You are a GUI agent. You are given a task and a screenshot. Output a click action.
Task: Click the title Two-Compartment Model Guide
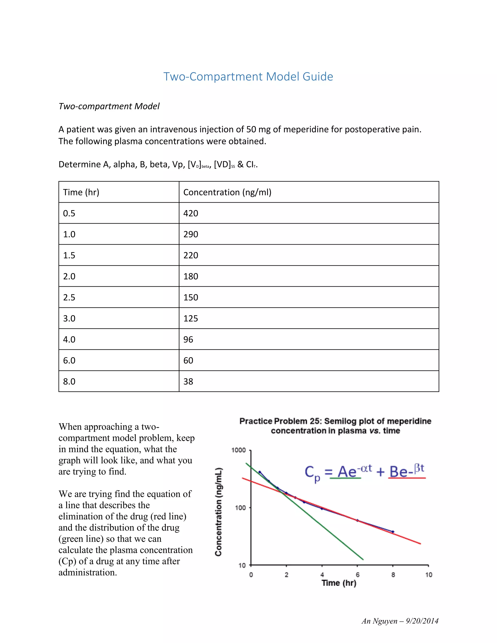click(x=248, y=76)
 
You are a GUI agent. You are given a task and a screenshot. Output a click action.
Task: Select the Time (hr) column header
click(x=81, y=192)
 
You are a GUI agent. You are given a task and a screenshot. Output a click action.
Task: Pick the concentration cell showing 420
click(x=191, y=213)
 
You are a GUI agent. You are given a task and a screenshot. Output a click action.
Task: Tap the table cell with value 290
click(x=191, y=234)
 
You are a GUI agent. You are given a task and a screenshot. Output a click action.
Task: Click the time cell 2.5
click(x=69, y=297)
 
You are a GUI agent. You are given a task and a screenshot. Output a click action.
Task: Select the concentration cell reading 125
click(x=191, y=318)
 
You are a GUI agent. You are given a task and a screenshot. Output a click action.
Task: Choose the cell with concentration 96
click(x=188, y=339)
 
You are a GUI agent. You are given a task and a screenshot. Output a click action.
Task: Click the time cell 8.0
click(x=69, y=382)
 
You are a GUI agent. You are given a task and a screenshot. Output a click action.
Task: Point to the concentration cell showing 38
click(x=188, y=382)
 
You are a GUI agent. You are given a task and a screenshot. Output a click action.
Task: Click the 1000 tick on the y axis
click(x=238, y=450)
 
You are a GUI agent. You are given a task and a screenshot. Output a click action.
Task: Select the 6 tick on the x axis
click(x=357, y=575)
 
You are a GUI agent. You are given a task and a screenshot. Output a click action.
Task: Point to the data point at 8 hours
click(x=393, y=532)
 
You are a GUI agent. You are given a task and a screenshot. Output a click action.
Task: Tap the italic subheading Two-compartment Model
click(x=109, y=106)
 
